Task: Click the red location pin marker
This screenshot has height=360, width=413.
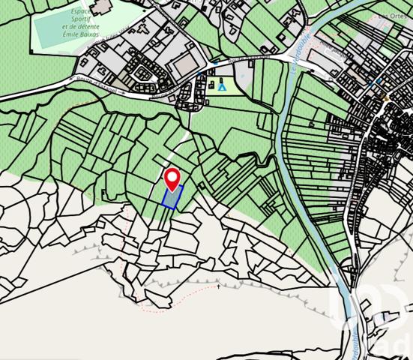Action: pyautogui.click(x=172, y=177)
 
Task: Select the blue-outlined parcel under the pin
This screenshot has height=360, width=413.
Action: pyautogui.click(x=172, y=197)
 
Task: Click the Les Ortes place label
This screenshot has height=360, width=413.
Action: pyautogui.click(x=396, y=16)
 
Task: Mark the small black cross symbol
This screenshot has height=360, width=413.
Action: pyautogui.click(x=219, y=286)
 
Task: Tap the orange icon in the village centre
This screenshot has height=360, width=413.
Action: pyautogui.click(x=386, y=97)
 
